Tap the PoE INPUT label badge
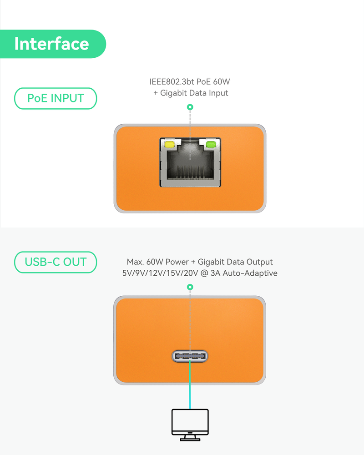pyautogui.click(x=56, y=98)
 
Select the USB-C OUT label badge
pyautogui.click(x=56, y=262)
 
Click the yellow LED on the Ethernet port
pyautogui.click(x=169, y=145)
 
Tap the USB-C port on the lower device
pyautogui.click(x=190, y=356)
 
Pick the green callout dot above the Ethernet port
pyautogui.click(x=190, y=107)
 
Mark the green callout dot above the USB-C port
pyautogui.click(x=190, y=287)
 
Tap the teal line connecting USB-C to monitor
pyautogui.click(x=190, y=387)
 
